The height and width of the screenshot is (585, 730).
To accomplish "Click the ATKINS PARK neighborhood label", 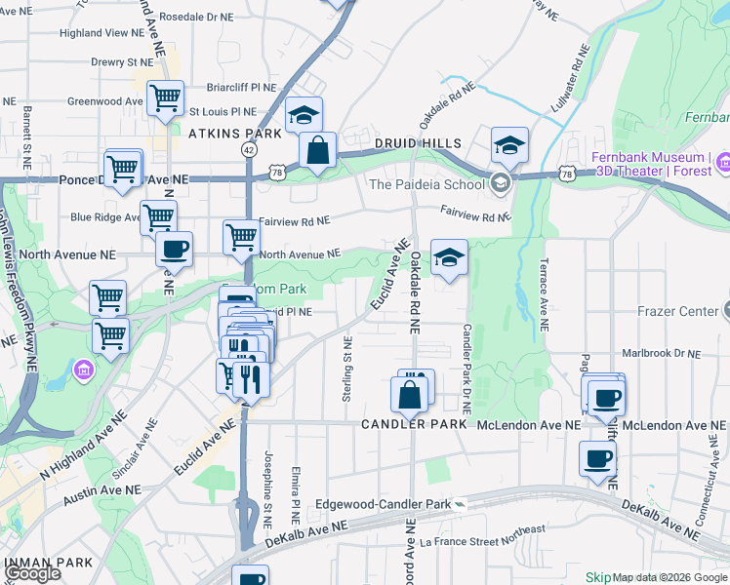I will click(234, 133).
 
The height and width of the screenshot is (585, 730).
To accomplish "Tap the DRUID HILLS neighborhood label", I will click(419, 143).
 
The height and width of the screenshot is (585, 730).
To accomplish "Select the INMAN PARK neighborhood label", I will click(48, 563).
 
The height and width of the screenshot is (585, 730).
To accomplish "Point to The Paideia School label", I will click(426, 184).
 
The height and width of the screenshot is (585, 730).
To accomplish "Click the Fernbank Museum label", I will click(651, 158).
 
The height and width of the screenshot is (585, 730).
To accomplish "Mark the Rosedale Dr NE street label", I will click(195, 18).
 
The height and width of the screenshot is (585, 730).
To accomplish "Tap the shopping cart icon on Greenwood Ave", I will click(165, 97).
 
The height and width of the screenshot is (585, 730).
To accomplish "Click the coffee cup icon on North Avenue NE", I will click(174, 249).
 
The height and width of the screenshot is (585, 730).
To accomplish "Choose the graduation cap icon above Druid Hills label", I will click(508, 145).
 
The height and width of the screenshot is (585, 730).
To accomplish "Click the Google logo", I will click(32, 574).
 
